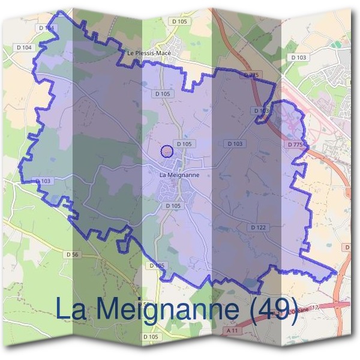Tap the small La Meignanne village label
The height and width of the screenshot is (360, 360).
179,175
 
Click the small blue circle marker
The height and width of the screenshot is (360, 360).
168,151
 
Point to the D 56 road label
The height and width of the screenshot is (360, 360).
72,255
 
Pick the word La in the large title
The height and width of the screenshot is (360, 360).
71,308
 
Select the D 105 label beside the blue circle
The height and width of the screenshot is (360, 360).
184,144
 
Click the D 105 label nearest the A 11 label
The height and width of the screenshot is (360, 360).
151,337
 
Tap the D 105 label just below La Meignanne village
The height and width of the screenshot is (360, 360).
173,206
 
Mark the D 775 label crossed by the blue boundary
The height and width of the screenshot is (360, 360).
252,75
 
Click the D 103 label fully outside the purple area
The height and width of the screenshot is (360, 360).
298,58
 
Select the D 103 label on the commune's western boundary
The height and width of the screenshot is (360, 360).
43,181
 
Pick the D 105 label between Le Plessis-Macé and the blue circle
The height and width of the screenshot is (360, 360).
163,94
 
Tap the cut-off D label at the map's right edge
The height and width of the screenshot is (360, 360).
347,247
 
